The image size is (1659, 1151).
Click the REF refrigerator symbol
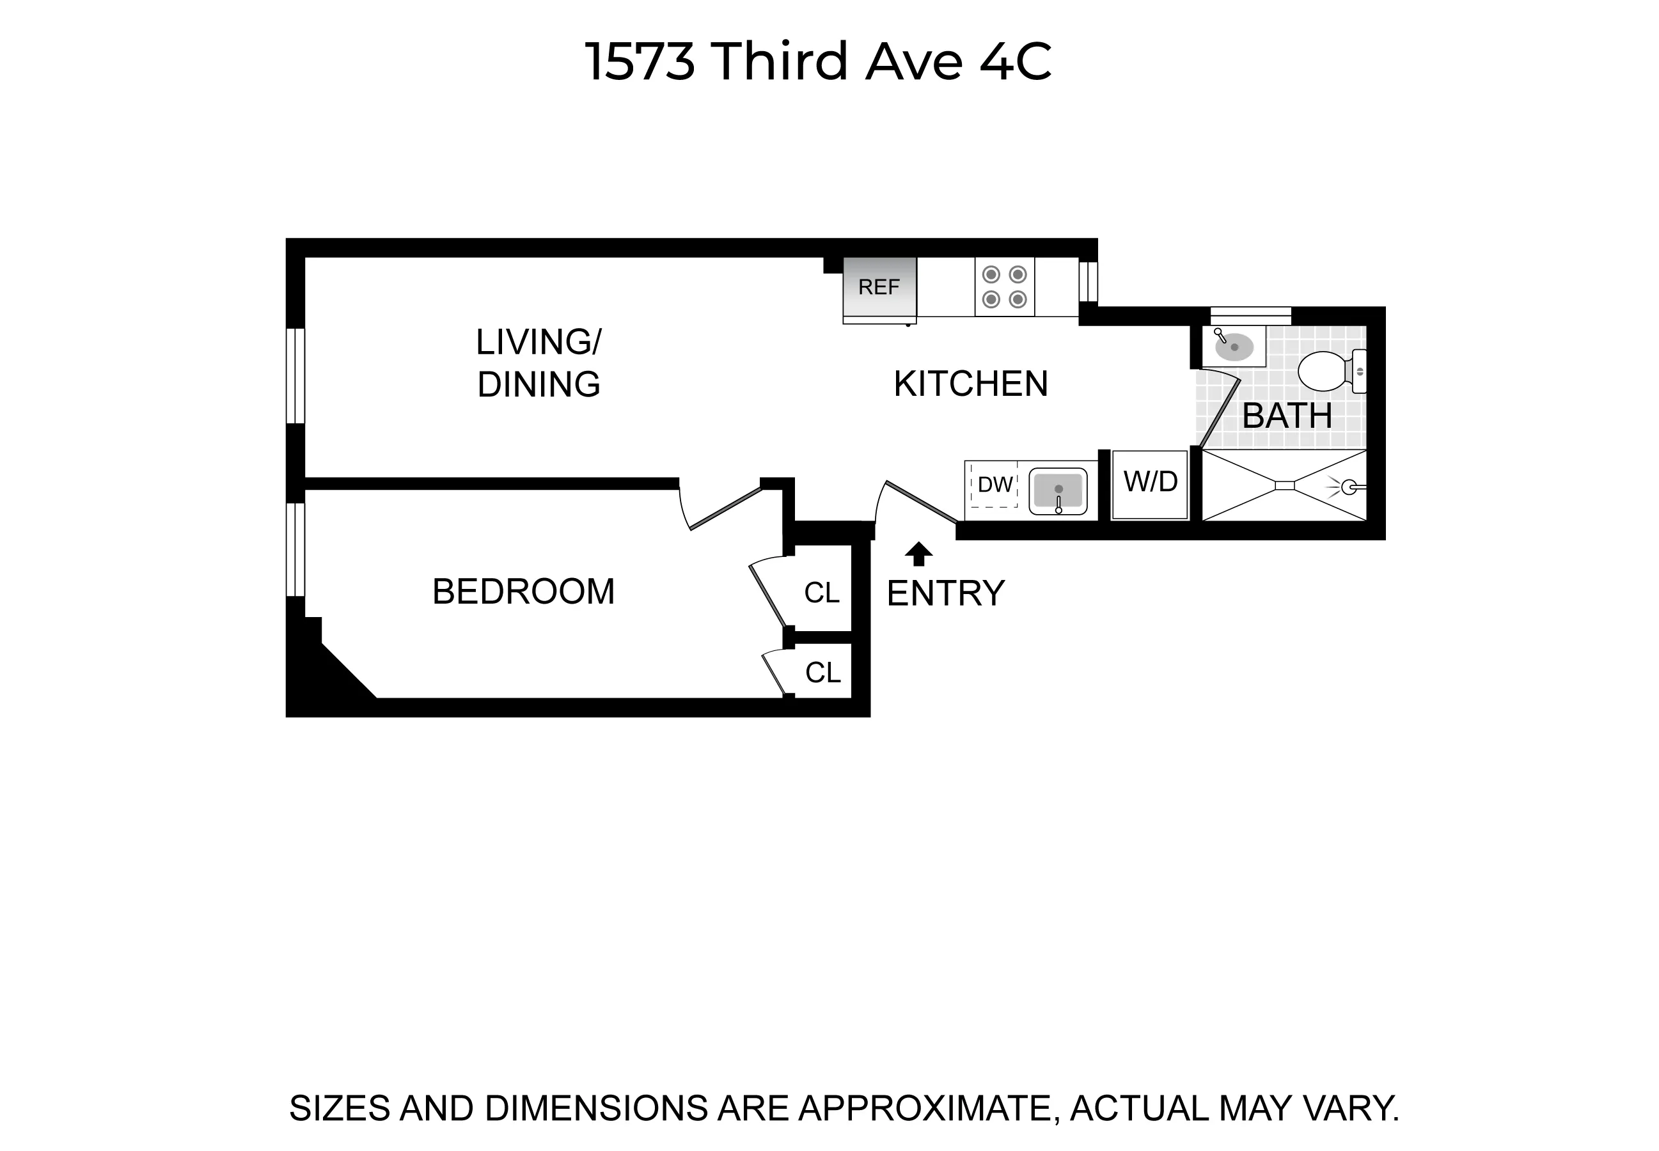tap(879, 287)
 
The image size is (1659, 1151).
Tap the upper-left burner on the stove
tap(991, 275)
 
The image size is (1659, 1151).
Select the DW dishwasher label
tap(995, 485)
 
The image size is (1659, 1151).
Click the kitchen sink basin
tap(1057, 490)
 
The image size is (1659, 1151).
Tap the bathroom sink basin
tap(1234, 347)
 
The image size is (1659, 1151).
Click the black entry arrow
tap(918, 554)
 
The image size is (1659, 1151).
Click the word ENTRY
tap(945, 593)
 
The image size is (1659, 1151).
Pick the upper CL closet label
tap(822, 593)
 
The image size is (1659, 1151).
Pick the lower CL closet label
tap(822, 673)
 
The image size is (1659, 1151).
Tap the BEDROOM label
tap(523, 592)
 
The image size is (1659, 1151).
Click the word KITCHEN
tap(970, 384)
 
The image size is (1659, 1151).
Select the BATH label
tap(1286, 416)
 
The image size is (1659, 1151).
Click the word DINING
tap(539, 384)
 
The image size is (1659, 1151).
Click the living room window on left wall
tap(295, 376)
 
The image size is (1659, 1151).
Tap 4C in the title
tap(1015, 61)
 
